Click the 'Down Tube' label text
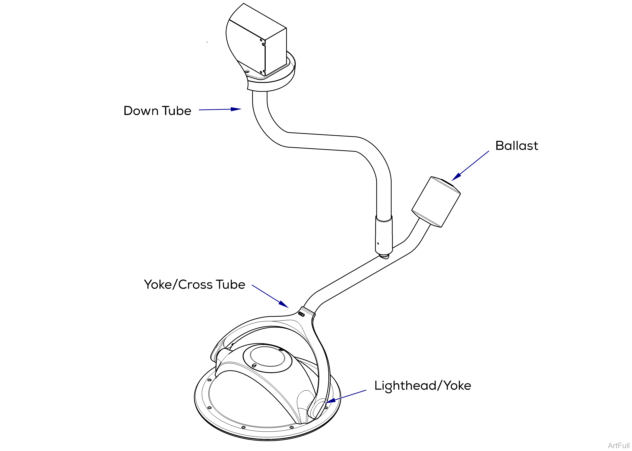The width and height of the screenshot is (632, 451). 157,111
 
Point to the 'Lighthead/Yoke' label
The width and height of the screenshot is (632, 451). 422,386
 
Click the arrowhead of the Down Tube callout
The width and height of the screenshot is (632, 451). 236,109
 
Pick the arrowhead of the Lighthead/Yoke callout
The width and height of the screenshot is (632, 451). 330,401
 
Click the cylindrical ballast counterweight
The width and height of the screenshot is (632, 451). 436,202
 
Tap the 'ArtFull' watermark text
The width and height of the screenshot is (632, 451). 618,445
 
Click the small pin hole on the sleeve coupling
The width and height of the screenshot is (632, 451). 378,244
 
